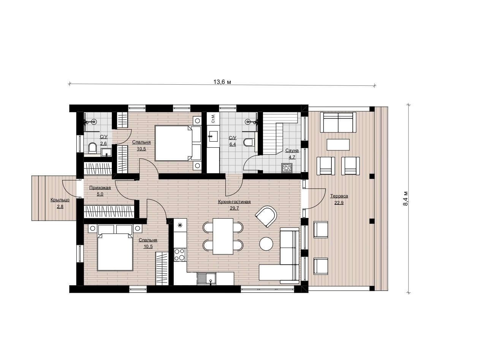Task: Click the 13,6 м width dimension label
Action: click(x=222, y=82)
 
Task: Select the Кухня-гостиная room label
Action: click(x=234, y=202)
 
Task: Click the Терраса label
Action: click(x=339, y=196)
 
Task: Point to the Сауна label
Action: click(x=292, y=150)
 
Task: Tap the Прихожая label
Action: click(x=100, y=188)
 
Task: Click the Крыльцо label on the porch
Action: click(x=60, y=200)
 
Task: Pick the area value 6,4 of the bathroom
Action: click(x=233, y=144)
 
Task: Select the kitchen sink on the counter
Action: click(x=206, y=279)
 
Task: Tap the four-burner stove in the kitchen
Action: click(x=179, y=255)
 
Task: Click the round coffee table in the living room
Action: click(x=266, y=244)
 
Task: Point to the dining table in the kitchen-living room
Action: click(x=223, y=236)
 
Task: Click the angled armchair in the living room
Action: click(x=266, y=216)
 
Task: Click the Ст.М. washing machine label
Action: click(x=213, y=118)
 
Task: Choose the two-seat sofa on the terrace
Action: click(x=338, y=122)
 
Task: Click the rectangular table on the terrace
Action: click(x=338, y=145)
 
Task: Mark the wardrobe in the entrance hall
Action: click(x=109, y=211)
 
